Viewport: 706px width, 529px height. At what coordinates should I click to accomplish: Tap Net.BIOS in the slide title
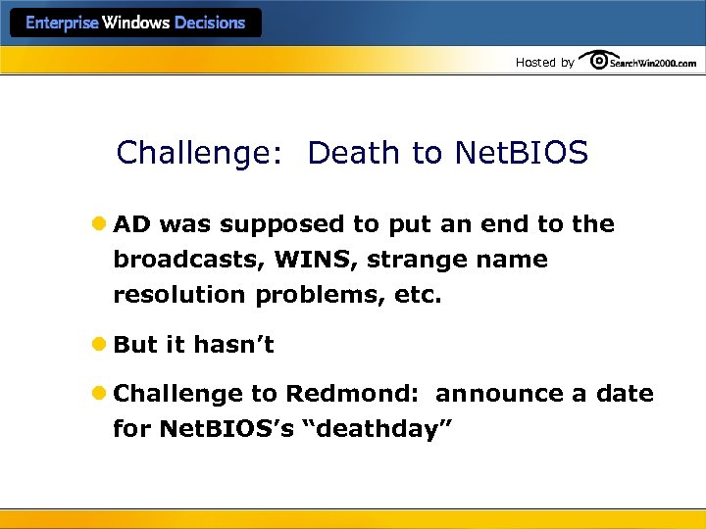point(521,154)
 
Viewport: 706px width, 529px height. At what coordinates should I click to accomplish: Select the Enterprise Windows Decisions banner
point(135,23)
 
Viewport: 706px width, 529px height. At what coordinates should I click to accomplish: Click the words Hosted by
point(545,63)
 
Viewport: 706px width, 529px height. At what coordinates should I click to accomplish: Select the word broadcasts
point(186,260)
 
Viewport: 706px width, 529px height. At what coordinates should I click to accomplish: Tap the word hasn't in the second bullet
point(233,345)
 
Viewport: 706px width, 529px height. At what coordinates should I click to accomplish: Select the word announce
point(500,395)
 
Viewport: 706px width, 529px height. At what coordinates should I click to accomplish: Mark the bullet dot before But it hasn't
point(101,345)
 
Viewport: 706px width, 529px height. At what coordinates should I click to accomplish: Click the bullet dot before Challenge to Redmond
point(101,394)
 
